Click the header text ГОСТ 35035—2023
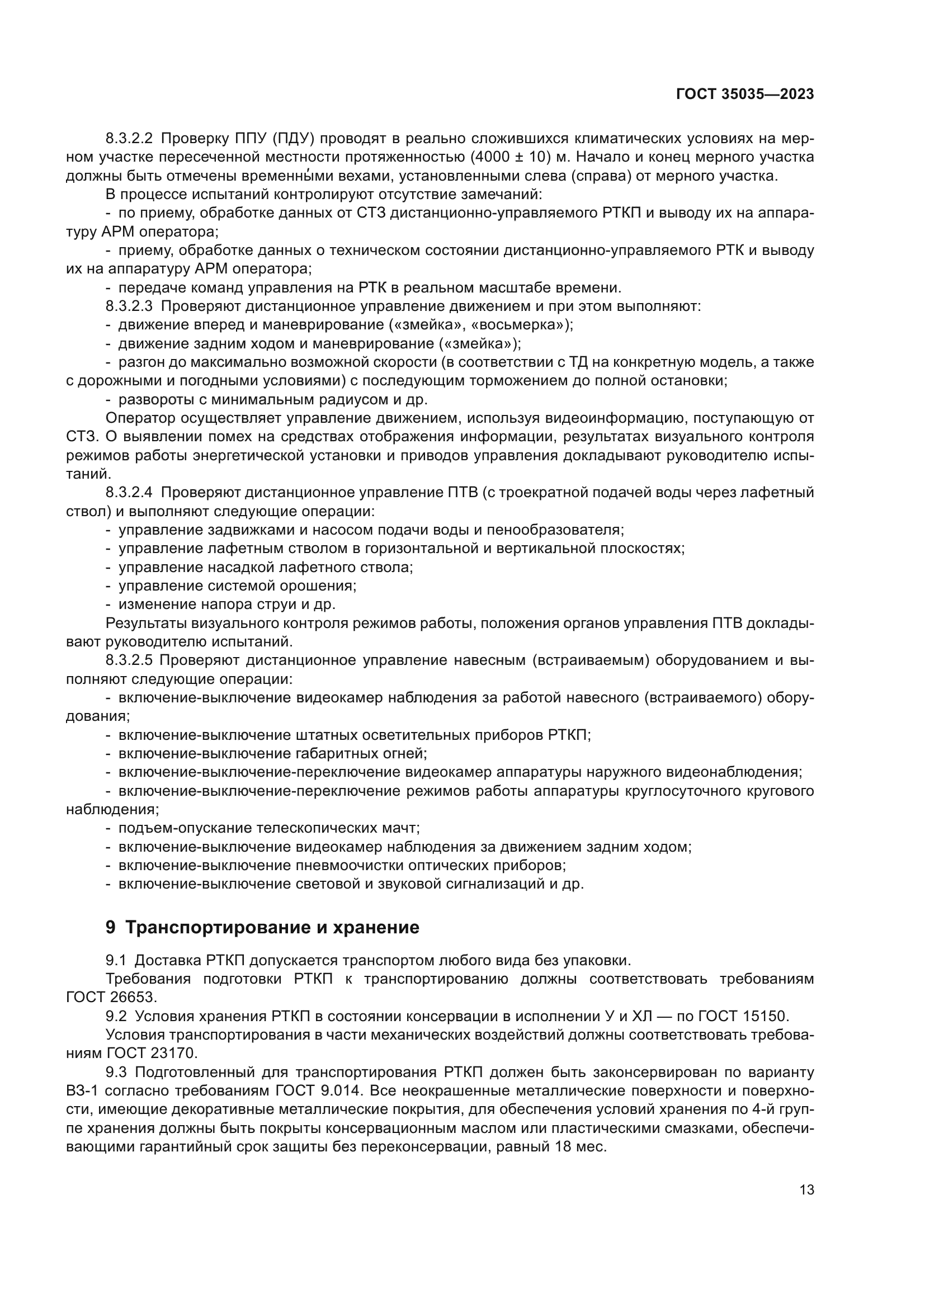(744, 95)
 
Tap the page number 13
(806, 1189)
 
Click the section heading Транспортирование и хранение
(272, 927)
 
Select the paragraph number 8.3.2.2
(129, 139)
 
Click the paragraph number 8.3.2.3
(129, 306)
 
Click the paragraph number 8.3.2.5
(129, 661)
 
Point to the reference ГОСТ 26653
(110, 998)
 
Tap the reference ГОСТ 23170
(152, 1054)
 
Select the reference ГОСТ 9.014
(318, 1091)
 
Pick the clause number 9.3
(116, 1072)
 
